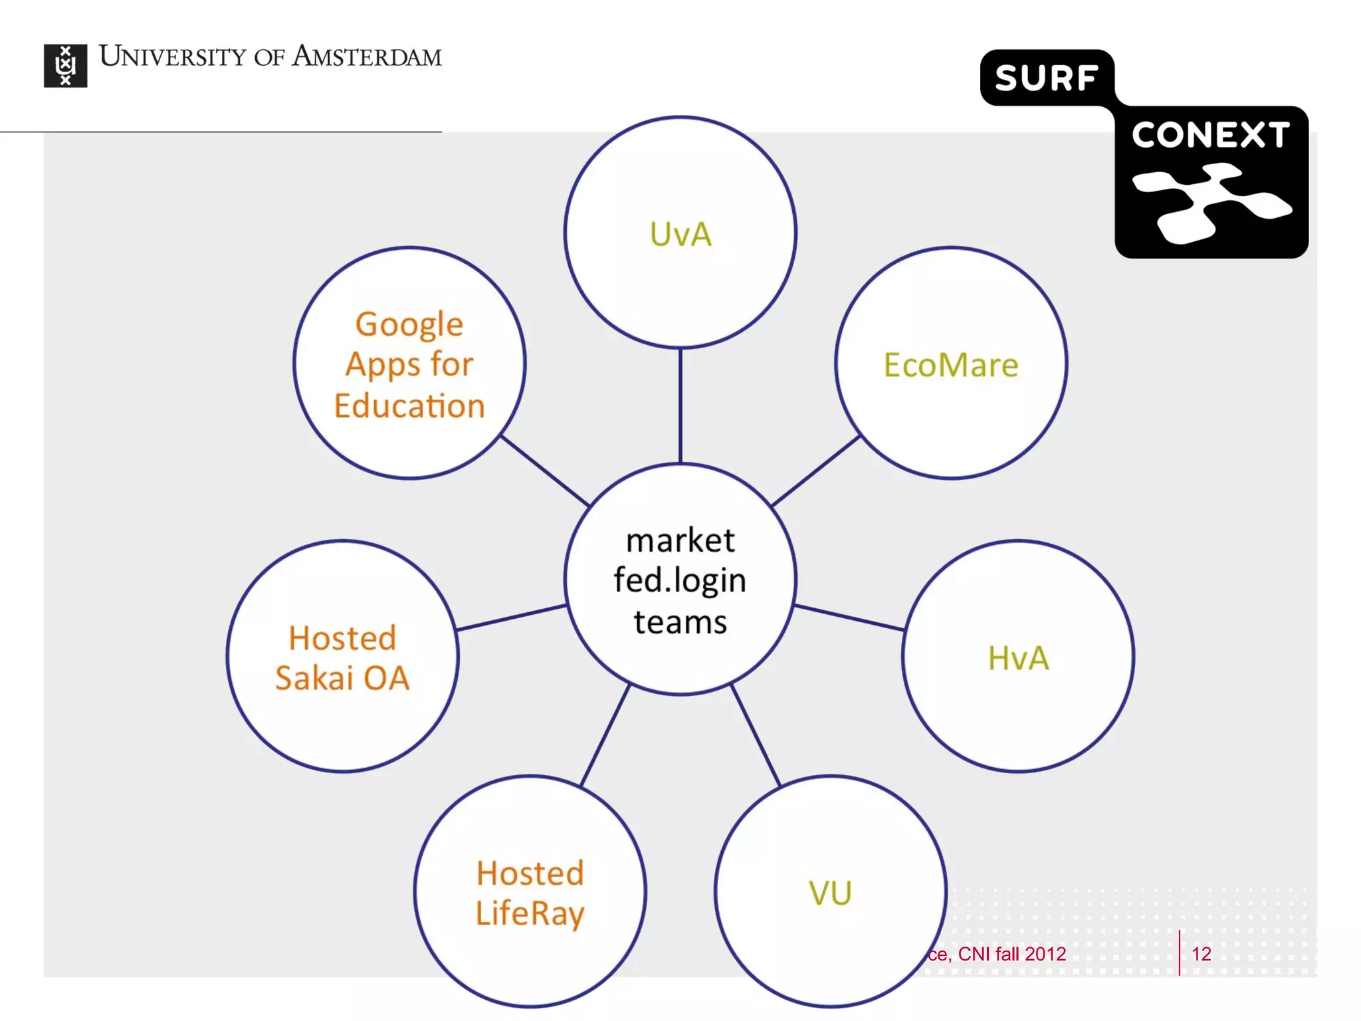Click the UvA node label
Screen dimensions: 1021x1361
(680, 235)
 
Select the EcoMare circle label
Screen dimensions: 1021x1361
(950, 365)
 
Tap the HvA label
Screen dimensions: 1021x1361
(1018, 658)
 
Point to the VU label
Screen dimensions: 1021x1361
(830, 893)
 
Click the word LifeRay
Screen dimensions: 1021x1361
(530, 913)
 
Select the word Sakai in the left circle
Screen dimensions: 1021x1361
(314, 679)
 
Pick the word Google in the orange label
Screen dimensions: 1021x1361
(409, 324)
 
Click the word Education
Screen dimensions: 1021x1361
(409, 406)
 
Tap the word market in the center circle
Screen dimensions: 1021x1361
(680, 540)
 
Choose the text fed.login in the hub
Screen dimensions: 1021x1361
(680, 580)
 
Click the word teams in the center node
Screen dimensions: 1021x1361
(680, 622)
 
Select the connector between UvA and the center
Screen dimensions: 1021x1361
(680, 405)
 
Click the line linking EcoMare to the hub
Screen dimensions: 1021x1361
(816, 471)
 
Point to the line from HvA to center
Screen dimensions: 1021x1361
(849, 617)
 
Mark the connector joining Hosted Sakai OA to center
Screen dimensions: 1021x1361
(511, 617)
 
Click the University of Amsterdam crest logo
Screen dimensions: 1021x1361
(65, 65)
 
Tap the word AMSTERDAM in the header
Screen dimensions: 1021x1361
(367, 57)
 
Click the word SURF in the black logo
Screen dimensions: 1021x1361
(1046, 78)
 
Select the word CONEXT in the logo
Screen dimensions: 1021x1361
(1211, 135)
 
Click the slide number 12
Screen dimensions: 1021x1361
(1201, 954)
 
